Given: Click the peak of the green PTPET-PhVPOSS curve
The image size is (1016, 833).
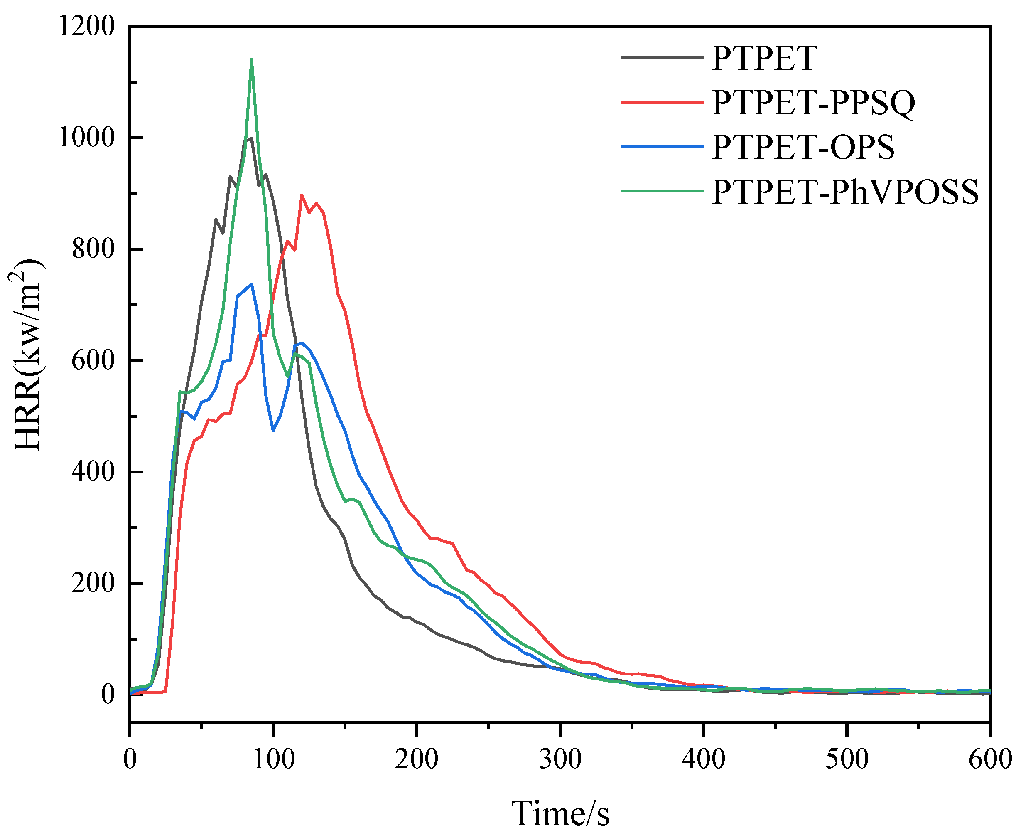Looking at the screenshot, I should (251, 60).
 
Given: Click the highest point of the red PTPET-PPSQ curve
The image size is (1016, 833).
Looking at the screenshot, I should (302, 195).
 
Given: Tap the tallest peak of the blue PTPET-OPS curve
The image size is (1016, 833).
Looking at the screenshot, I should (251, 284).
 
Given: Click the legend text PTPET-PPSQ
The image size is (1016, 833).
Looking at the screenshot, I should (813, 102).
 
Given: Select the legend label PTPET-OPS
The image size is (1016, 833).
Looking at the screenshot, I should (803, 147).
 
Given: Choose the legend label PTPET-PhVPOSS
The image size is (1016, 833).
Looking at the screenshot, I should (845, 192).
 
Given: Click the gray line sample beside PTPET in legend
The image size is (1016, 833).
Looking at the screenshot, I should (662, 58).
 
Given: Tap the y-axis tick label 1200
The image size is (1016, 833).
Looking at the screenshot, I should (86, 26).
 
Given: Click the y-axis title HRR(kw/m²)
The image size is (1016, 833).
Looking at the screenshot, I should (28, 355).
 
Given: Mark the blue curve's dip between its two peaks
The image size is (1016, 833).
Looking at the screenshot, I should (273, 430).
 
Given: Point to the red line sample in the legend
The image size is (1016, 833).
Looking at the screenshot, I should (662, 102).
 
